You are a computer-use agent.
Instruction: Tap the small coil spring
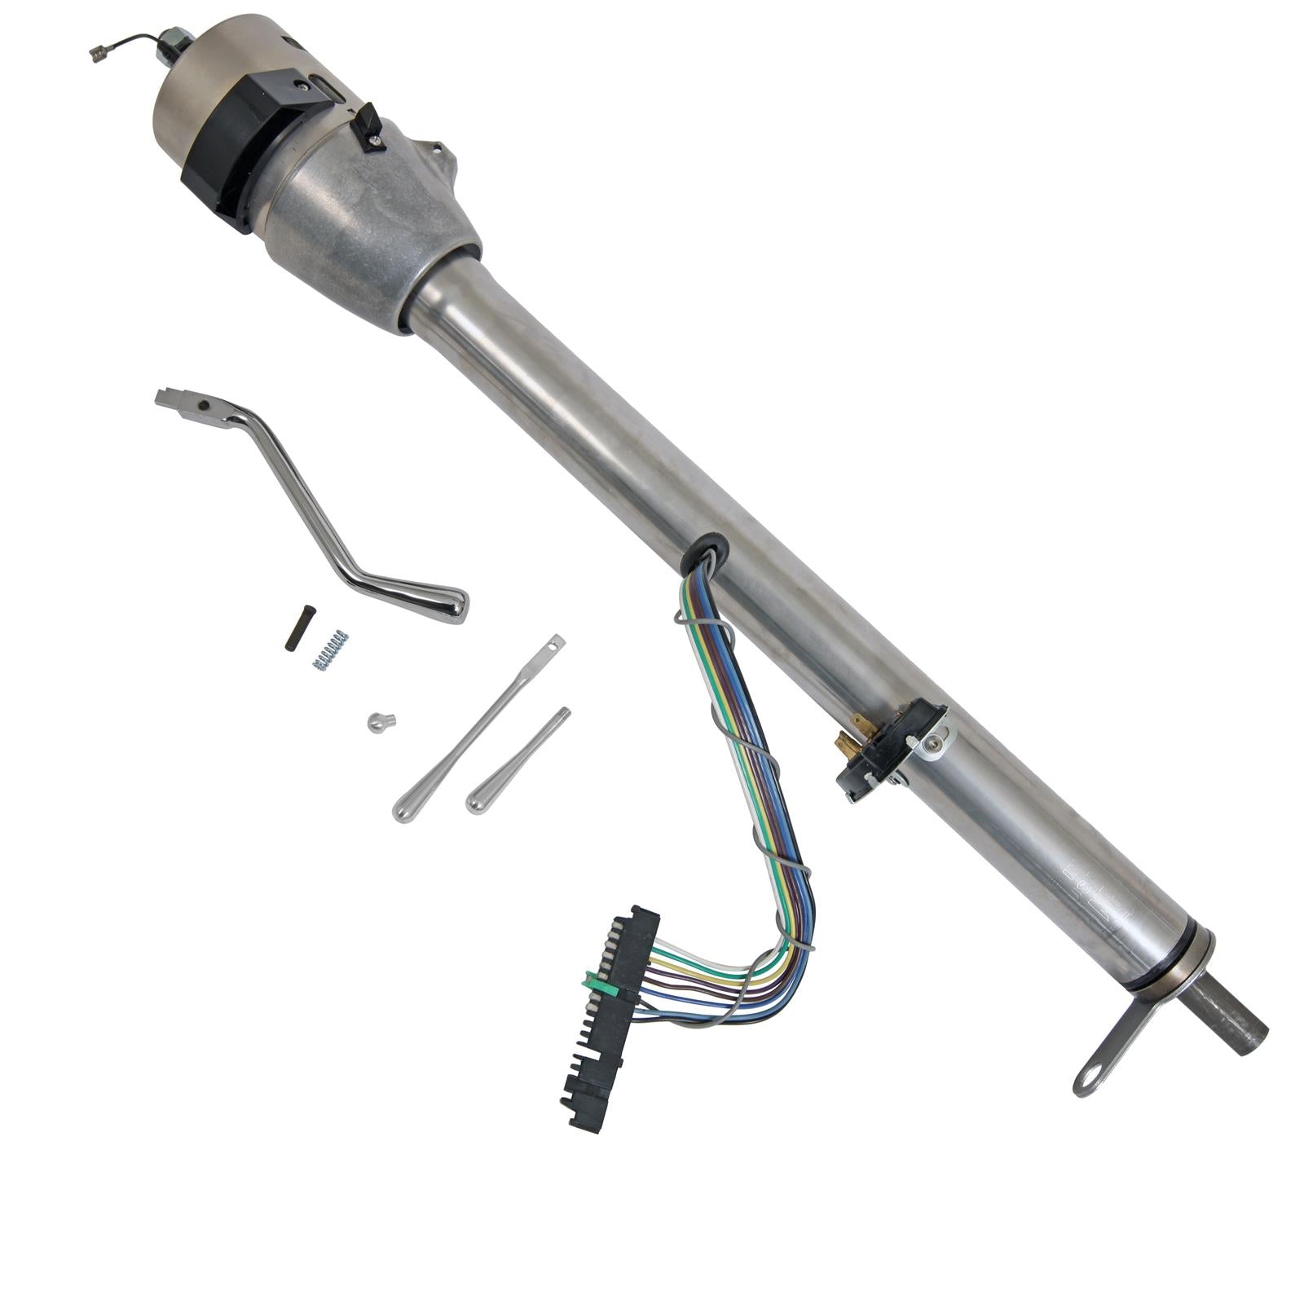tap(330, 650)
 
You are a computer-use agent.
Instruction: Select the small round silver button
tap(380, 721)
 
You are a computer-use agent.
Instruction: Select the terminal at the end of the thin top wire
tap(99, 54)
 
